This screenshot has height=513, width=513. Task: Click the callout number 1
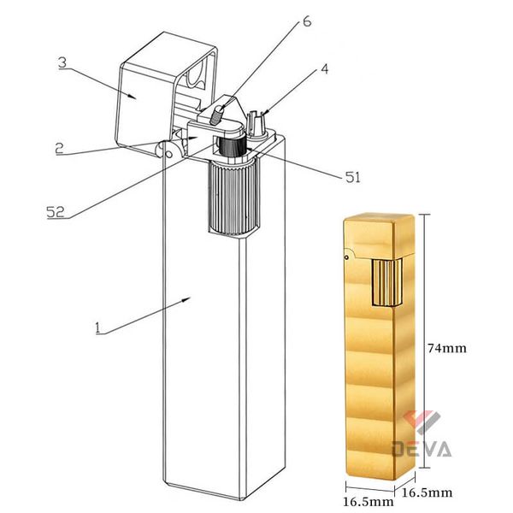[x=98, y=327]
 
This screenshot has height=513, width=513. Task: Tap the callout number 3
[x=62, y=62]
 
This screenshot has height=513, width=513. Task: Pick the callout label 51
[x=351, y=178]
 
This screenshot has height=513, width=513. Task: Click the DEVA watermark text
[x=422, y=448]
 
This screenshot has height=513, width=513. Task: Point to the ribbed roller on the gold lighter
[x=386, y=278]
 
